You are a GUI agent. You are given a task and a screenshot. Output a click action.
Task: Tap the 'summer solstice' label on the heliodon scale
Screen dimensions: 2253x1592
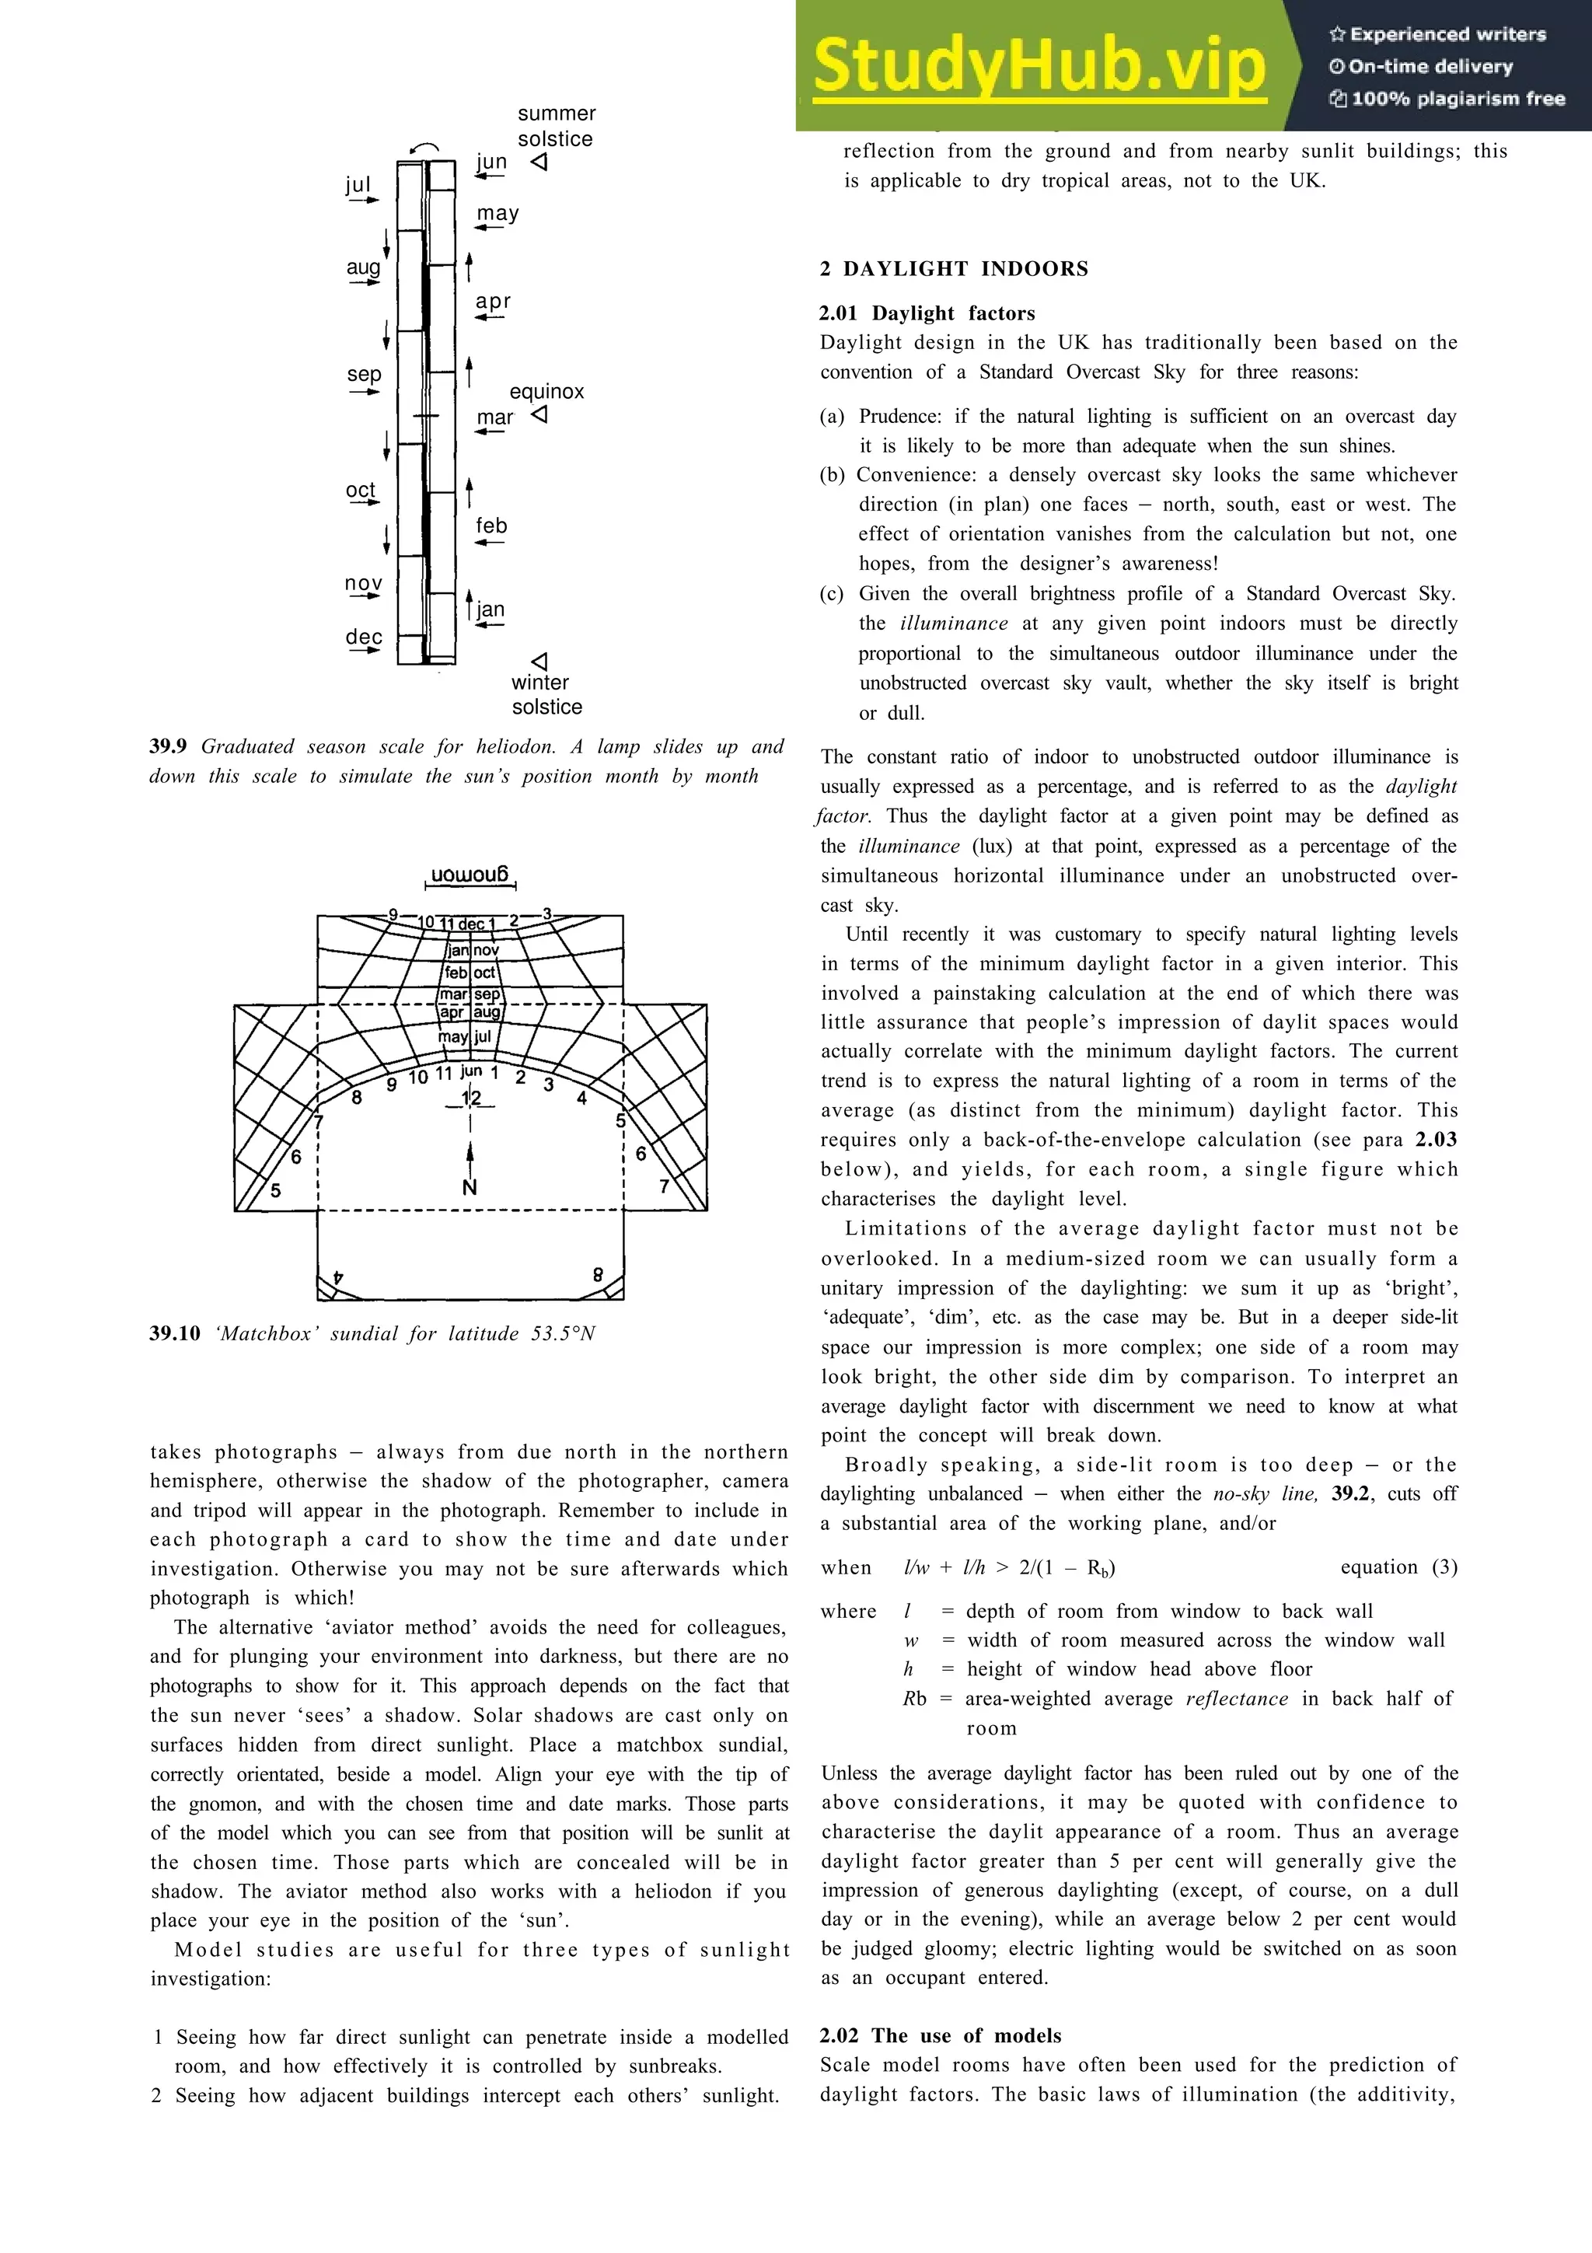(555, 127)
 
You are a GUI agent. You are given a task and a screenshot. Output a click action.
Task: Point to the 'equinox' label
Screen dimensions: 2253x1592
(546, 392)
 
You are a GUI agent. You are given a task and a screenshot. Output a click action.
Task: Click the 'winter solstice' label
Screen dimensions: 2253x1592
(546, 695)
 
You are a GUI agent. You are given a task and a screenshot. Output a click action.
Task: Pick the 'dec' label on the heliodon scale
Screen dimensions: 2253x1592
(363, 637)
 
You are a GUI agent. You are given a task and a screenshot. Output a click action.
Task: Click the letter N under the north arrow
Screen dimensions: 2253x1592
(470, 1189)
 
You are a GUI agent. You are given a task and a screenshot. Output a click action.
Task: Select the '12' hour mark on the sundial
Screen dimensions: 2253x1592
(471, 1097)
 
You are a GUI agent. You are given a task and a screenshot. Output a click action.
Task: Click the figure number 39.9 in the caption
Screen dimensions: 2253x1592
(168, 747)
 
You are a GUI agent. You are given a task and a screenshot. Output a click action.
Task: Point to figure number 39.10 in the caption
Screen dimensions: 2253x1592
(175, 1333)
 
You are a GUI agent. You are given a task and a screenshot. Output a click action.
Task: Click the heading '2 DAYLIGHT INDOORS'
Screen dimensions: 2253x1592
(954, 269)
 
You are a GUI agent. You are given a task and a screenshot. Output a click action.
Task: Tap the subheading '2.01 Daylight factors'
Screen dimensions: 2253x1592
(927, 313)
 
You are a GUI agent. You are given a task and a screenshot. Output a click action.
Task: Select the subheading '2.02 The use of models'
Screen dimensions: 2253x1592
(940, 2035)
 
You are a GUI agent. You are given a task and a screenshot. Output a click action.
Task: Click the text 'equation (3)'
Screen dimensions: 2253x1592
(1398, 1567)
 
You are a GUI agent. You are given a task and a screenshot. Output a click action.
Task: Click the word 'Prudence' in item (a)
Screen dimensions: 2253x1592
(900, 416)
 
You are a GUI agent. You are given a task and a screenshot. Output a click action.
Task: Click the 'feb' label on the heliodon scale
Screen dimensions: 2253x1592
(491, 526)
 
